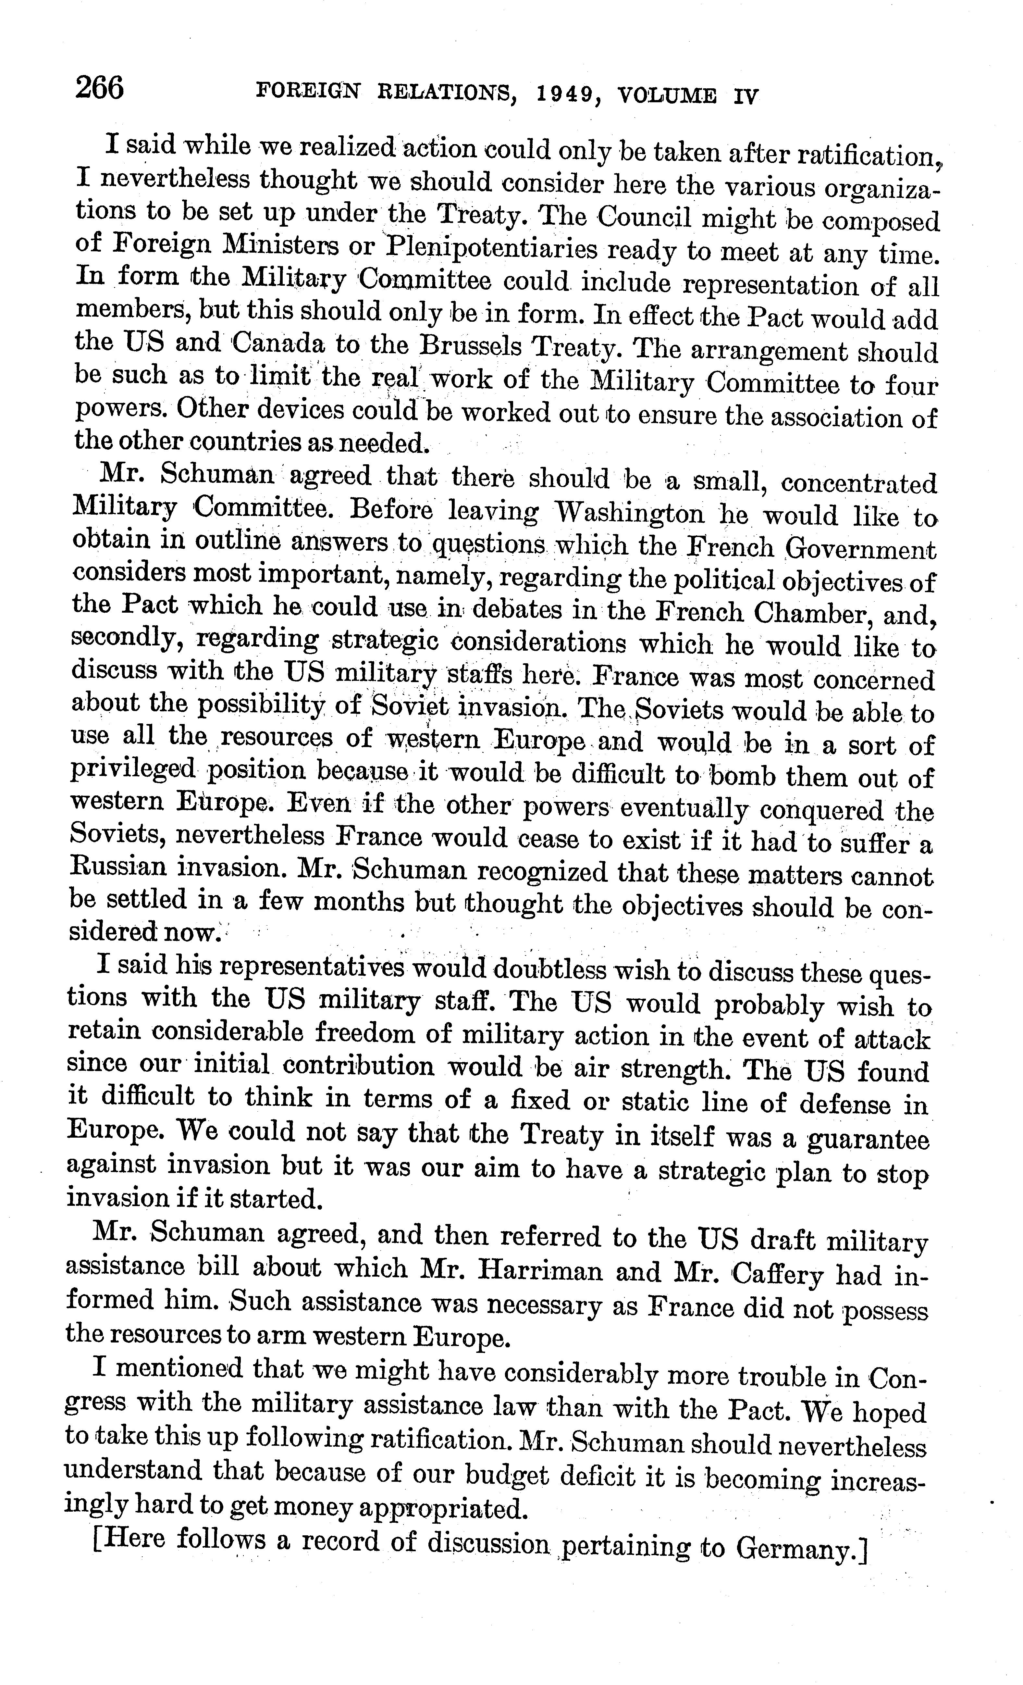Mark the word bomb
742,777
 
